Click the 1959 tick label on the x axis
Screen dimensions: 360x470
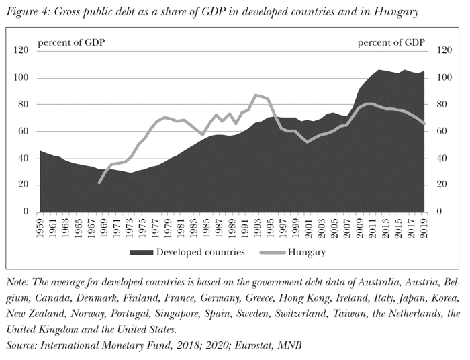[41, 228]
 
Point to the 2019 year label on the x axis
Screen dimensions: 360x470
[425, 228]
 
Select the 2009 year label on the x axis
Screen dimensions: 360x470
[361, 228]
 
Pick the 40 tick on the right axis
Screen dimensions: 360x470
[442, 159]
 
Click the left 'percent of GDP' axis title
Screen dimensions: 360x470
[71, 43]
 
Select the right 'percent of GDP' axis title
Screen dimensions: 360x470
[391, 43]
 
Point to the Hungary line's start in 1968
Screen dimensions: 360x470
[99, 183]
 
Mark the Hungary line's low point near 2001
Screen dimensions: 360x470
[308, 142]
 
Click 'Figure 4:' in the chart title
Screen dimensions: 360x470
[28, 11]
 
